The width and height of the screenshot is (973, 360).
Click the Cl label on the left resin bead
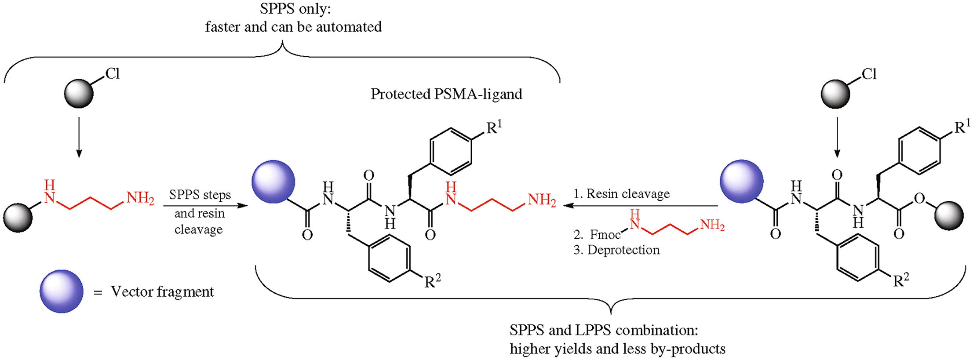point(113,73)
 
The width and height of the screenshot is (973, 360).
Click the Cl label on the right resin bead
point(869,74)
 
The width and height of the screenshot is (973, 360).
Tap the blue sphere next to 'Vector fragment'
point(61,291)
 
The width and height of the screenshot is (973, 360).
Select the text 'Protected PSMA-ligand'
point(446,94)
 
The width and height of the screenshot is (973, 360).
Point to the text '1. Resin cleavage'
point(622,194)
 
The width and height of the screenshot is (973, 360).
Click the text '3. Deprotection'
point(616,250)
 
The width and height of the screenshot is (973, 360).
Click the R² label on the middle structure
point(432,280)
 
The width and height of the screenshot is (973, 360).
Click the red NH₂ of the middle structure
point(541,201)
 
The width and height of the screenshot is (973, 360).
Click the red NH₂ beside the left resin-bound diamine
point(140,199)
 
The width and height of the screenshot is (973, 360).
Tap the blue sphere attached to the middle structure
point(273,182)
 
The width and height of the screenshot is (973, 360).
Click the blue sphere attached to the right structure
point(741,181)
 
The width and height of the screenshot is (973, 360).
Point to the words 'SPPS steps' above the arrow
point(200,195)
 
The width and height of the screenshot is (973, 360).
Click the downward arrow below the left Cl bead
point(79,137)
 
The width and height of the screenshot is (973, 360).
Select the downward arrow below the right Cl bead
point(837,137)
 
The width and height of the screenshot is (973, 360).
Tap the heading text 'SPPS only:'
point(293,10)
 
